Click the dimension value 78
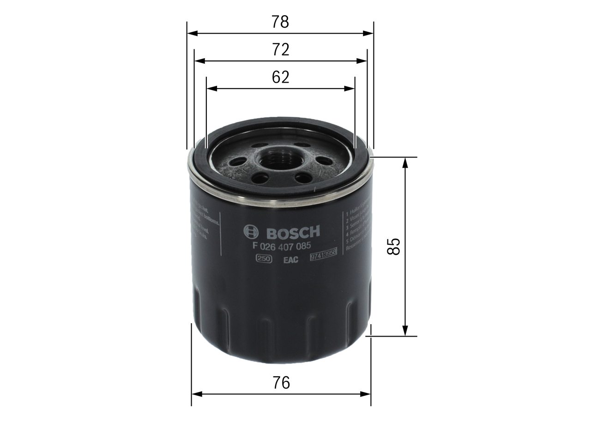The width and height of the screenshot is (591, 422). tap(280, 22)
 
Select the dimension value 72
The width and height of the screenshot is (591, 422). tap(280, 49)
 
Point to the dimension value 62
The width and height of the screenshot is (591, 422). tap(280, 77)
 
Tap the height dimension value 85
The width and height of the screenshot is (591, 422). tap(393, 247)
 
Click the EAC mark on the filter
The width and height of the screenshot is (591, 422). tap(291, 259)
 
